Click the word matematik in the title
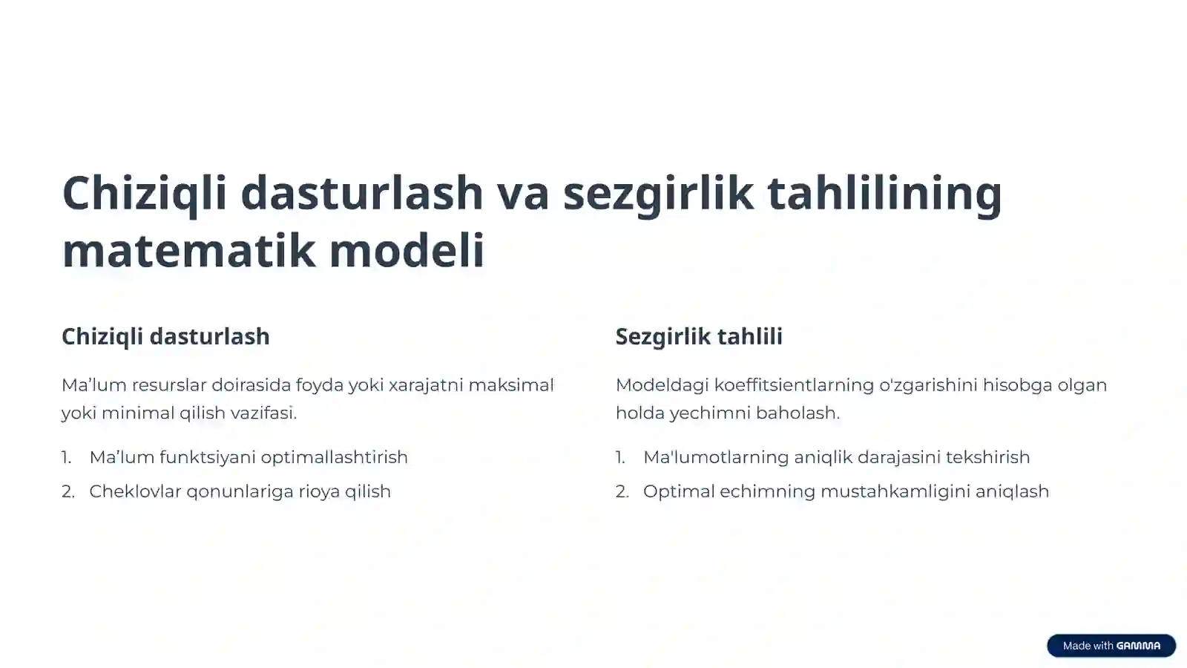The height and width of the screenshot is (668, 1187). (x=188, y=250)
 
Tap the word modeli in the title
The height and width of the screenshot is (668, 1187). (x=407, y=250)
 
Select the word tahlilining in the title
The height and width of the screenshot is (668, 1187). (x=884, y=193)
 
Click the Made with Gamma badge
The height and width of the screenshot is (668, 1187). (x=1111, y=646)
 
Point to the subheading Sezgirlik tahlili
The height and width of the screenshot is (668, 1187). (x=699, y=336)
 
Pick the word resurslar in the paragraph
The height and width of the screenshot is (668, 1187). (x=169, y=385)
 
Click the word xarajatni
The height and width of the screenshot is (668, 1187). (x=426, y=385)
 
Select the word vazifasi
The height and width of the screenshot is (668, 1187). (x=265, y=413)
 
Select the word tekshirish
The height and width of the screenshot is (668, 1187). (x=987, y=457)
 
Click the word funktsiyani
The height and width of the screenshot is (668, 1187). (x=207, y=457)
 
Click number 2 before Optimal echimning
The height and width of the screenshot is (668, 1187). (x=622, y=491)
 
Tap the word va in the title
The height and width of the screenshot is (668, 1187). (x=523, y=193)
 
